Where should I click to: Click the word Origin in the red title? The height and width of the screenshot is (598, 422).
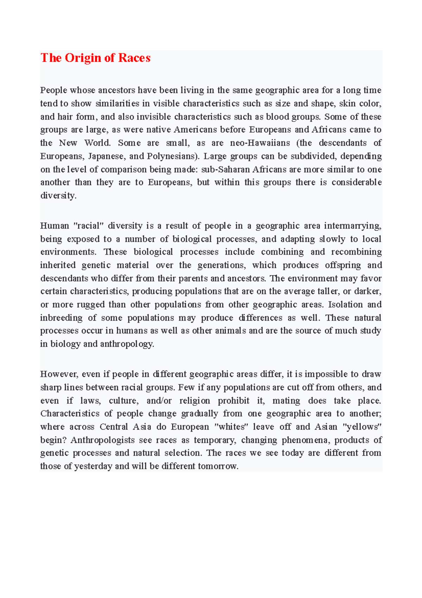point(83,58)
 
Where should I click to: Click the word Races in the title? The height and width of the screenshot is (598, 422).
point(134,58)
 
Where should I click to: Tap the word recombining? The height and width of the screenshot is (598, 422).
point(356,252)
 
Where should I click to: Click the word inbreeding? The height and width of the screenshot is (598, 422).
point(61,318)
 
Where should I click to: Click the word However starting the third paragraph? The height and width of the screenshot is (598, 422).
point(58,374)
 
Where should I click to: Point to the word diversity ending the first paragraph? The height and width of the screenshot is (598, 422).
point(58,196)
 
